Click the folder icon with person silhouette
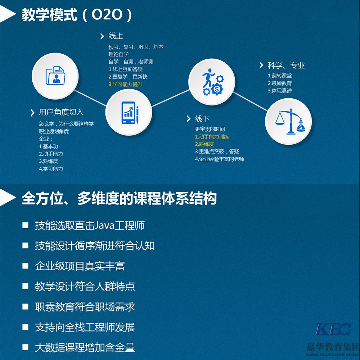click(x=55, y=76)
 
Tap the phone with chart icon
click(x=130, y=112)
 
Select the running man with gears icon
click(x=213, y=82)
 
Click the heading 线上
click(x=116, y=36)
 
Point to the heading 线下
click(x=202, y=119)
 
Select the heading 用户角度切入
click(x=61, y=112)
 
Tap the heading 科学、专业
click(x=286, y=66)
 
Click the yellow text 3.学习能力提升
click(x=125, y=84)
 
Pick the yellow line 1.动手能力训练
click(x=212, y=136)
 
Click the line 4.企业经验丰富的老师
click(x=220, y=159)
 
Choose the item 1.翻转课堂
click(x=280, y=76)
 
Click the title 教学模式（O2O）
click(x=77, y=15)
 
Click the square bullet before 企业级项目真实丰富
click(x=25, y=266)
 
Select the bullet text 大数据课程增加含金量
click(x=85, y=347)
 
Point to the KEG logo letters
click(x=333, y=329)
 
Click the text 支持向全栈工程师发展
click(x=85, y=327)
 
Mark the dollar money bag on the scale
click(x=301, y=126)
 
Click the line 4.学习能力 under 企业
click(x=51, y=169)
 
